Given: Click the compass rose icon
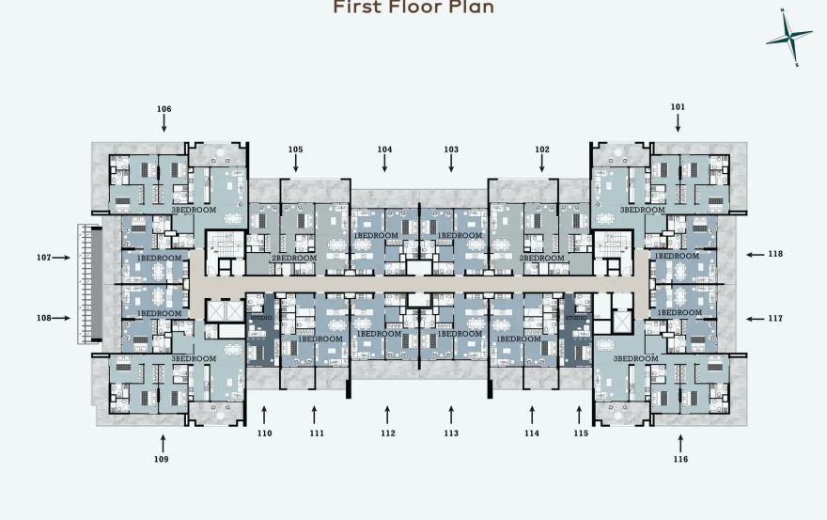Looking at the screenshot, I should click(x=788, y=38).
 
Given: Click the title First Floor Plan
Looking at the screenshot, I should click(x=413, y=8).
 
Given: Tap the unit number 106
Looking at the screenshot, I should click(x=164, y=109).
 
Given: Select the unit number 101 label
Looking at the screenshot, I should click(x=678, y=107).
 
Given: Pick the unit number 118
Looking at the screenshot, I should click(x=775, y=254).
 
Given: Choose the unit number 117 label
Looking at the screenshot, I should click(x=775, y=318).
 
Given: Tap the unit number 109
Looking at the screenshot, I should click(x=163, y=459).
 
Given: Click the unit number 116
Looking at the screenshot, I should click(x=680, y=459).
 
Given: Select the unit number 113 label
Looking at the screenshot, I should click(x=451, y=433).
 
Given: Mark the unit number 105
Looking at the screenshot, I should click(x=295, y=150).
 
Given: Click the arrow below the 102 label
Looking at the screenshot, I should click(x=541, y=165).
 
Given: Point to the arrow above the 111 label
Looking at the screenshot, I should click(x=314, y=414).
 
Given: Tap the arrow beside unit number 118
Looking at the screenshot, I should click(x=756, y=254).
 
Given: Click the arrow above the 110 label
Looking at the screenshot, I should click(x=264, y=414).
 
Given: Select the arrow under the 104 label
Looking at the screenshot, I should click(x=384, y=165).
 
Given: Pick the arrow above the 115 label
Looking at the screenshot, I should click(x=579, y=414).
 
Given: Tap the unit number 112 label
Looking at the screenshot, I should click(x=387, y=433).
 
